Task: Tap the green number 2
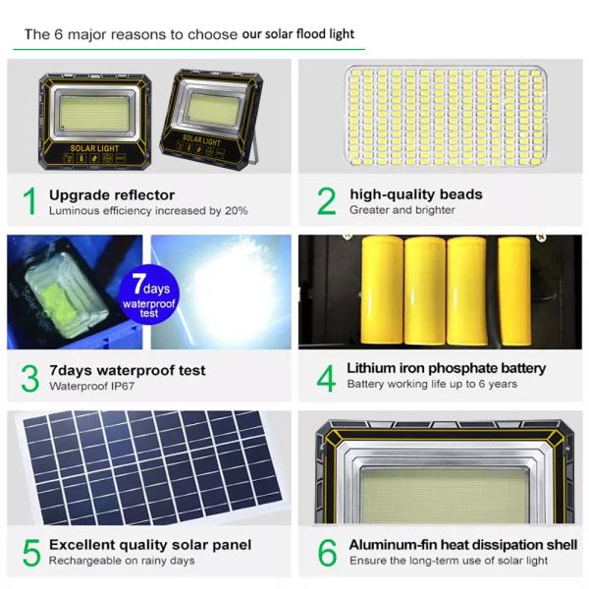click(326, 200)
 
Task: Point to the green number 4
click(325, 378)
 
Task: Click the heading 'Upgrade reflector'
click(112, 194)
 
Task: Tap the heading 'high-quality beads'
click(416, 194)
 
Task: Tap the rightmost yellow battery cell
click(513, 290)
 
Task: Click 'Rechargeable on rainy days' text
click(122, 561)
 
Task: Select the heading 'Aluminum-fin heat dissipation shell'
click(462, 545)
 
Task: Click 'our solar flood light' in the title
click(298, 34)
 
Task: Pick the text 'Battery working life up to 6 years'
click(432, 384)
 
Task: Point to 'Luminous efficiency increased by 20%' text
click(148, 210)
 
